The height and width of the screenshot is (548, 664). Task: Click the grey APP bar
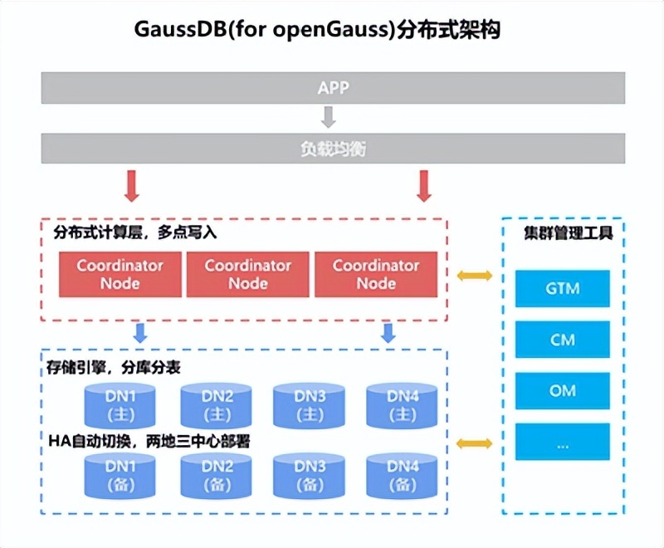point(332,88)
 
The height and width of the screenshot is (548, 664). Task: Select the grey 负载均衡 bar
point(332,149)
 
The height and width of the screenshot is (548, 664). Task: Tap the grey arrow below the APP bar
point(330,118)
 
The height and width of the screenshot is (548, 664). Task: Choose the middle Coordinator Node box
point(248,275)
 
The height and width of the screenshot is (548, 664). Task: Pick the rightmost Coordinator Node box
point(376,275)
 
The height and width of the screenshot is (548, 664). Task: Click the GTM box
point(563,290)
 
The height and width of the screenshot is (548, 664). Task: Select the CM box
point(563,340)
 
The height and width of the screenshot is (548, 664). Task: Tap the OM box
point(563,391)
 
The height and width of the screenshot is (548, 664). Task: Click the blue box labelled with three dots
point(563,443)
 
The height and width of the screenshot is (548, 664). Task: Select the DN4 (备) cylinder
point(402,475)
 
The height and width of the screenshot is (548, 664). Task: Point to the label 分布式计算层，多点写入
point(135,233)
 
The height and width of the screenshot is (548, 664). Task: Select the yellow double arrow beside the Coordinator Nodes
point(474,275)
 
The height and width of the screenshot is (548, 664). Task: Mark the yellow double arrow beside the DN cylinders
point(474,444)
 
